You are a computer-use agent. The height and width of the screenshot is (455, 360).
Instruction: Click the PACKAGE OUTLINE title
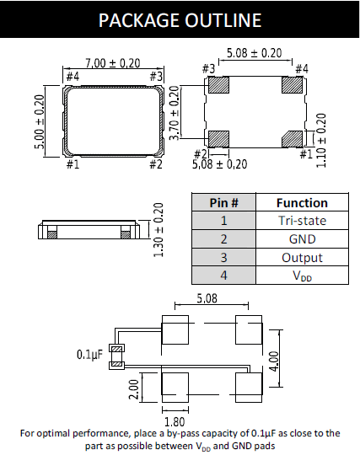click(x=180, y=20)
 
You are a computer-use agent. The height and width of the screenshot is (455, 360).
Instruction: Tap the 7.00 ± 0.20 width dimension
click(x=113, y=63)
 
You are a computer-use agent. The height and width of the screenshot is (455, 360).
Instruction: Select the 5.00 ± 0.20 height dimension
click(x=40, y=122)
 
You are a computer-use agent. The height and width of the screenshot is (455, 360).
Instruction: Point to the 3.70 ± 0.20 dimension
click(x=174, y=113)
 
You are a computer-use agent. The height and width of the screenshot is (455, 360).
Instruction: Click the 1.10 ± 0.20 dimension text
click(x=321, y=141)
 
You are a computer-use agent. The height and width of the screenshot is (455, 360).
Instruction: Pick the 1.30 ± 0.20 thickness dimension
click(x=159, y=230)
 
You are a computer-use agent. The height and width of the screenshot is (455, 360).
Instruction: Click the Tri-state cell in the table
click(x=302, y=221)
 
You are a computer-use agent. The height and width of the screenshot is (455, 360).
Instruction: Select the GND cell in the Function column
click(x=302, y=239)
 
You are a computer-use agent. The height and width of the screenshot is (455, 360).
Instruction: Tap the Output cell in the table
click(x=302, y=257)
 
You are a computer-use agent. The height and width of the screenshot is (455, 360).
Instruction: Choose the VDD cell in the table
click(x=302, y=276)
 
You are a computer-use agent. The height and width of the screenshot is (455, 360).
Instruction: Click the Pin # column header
click(x=223, y=202)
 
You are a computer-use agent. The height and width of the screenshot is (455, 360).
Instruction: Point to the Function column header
click(x=302, y=202)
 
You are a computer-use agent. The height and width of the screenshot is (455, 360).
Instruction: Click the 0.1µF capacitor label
click(x=89, y=354)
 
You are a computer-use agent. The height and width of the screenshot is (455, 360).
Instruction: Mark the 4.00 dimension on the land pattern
click(x=274, y=361)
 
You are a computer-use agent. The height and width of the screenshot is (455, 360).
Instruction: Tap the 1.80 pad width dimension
click(x=175, y=421)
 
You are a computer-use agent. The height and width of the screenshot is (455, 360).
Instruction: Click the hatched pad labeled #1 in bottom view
click(x=292, y=139)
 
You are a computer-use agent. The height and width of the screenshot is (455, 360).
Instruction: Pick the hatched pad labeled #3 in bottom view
click(x=219, y=85)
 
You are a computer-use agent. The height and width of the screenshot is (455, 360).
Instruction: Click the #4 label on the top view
click(x=73, y=77)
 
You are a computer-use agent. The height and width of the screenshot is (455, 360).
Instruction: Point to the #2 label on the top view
click(x=156, y=164)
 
